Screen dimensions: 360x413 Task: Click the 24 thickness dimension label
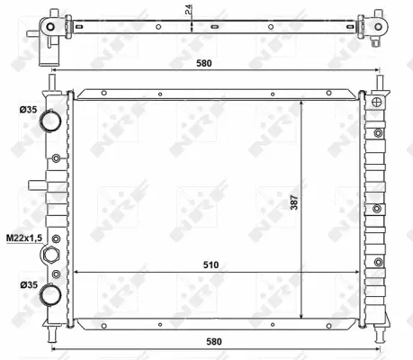pyautogui.click(x=187, y=12)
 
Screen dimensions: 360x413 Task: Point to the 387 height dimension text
pyautogui.click(x=294, y=203)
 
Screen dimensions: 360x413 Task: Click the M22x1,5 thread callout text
pyautogui.click(x=22, y=238)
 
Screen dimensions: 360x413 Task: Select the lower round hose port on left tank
pyautogui.click(x=53, y=294)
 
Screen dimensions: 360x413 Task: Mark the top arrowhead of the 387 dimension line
pyautogui.click(x=302, y=101)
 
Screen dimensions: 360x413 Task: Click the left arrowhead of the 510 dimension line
pyautogui.click(x=76, y=272)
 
